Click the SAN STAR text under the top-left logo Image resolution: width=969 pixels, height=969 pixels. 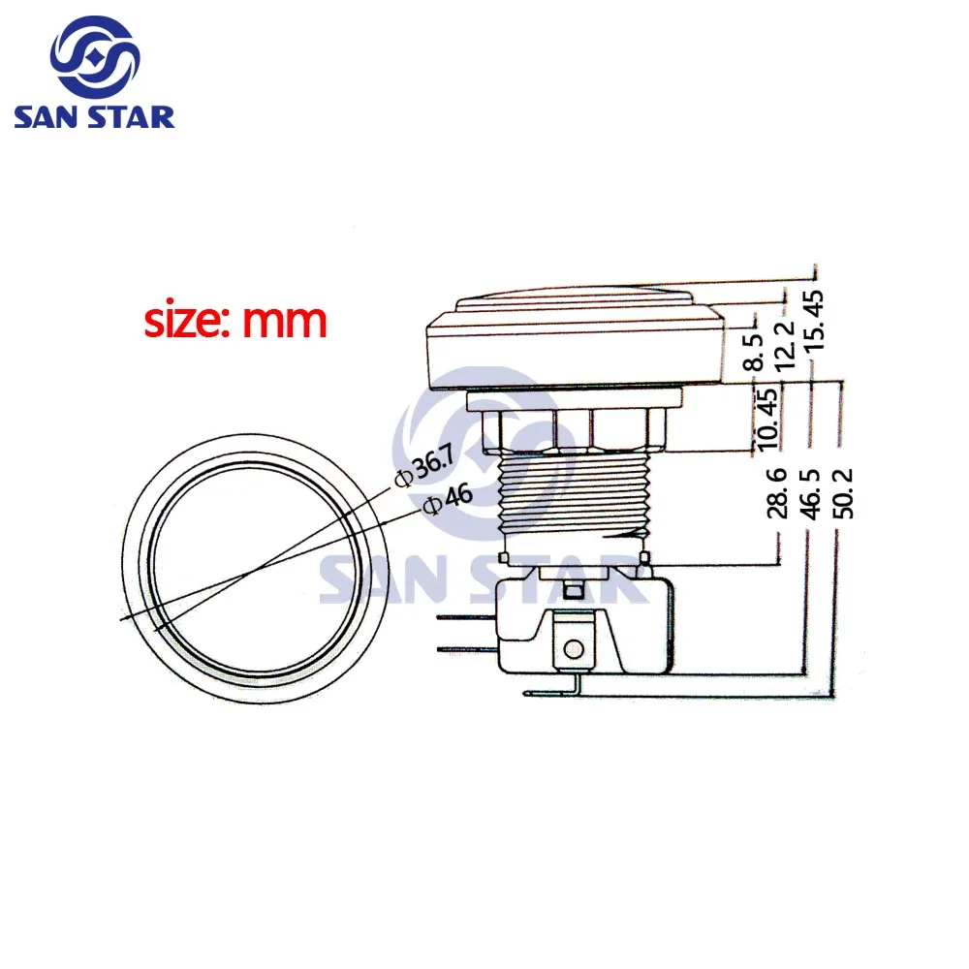pos(94,117)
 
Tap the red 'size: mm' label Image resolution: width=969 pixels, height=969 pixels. pos(235,321)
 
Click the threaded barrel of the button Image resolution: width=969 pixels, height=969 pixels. pos(571,499)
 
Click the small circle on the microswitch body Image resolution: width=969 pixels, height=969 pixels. pos(574,648)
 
